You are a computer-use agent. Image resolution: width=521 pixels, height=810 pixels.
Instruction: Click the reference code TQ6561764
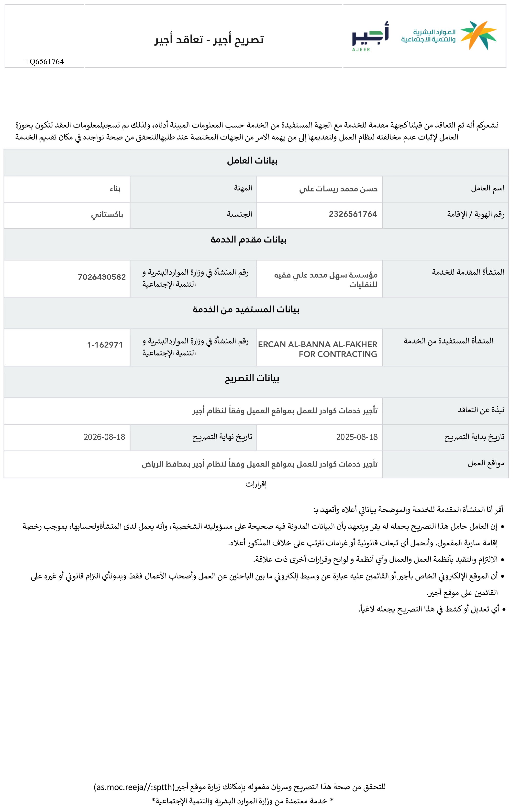(x=44, y=62)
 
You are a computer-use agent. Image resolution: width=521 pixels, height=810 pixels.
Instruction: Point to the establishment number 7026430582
(x=101, y=277)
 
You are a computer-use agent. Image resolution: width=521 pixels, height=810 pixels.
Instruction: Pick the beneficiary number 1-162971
(x=105, y=345)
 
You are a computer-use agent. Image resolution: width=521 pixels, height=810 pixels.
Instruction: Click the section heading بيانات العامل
(x=252, y=161)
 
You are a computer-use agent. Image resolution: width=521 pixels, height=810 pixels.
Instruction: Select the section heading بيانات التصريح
(x=252, y=378)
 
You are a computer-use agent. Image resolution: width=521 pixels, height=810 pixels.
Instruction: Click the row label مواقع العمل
(x=486, y=463)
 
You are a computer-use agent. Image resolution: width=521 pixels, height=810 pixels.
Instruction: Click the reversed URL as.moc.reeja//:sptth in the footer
(x=134, y=787)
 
